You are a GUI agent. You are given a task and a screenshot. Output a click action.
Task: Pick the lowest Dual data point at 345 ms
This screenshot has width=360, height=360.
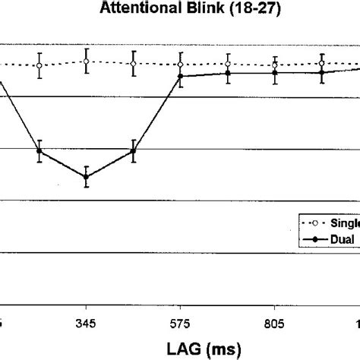[x=87, y=177]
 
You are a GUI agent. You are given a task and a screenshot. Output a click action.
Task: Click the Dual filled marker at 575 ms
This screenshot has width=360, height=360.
[x=181, y=77]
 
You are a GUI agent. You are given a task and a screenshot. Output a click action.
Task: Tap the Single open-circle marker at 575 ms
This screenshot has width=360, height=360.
[x=181, y=65]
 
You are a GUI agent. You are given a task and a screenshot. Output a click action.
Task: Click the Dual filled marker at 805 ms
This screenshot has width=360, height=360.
[x=275, y=73]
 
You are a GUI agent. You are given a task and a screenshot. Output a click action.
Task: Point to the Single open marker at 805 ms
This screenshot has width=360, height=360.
[x=275, y=66]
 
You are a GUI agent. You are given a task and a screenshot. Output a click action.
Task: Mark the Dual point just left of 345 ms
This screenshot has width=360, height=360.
[x=39, y=151]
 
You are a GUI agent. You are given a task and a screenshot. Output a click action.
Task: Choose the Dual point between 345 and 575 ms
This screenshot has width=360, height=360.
[x=134, y=151]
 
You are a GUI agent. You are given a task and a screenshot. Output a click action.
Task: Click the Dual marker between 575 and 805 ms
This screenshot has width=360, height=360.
[x=228, y=73]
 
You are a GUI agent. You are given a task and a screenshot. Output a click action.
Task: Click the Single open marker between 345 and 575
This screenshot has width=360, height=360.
[x=134, y=64]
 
